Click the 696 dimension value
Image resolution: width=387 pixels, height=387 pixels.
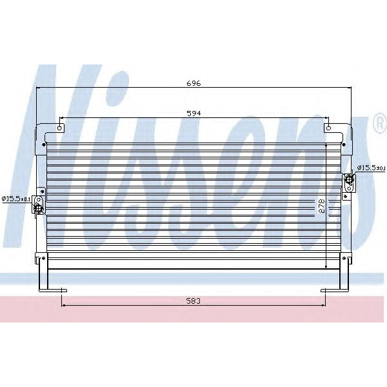point(194,83)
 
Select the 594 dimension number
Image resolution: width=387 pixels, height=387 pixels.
point(193,113)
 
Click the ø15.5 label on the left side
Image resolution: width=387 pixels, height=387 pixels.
point(16,198)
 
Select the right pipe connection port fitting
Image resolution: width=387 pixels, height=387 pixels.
point(349,180)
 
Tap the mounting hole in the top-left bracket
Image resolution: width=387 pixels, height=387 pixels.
point(60,128)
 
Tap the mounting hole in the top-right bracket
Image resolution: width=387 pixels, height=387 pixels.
point(329,128)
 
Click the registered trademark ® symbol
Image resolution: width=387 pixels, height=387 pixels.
point(379,124)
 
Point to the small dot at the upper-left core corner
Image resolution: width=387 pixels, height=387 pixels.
point(49,144)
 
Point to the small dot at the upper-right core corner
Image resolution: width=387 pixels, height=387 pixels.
point(339,144)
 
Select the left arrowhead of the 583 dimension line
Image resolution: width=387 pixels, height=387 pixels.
point(63,307)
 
